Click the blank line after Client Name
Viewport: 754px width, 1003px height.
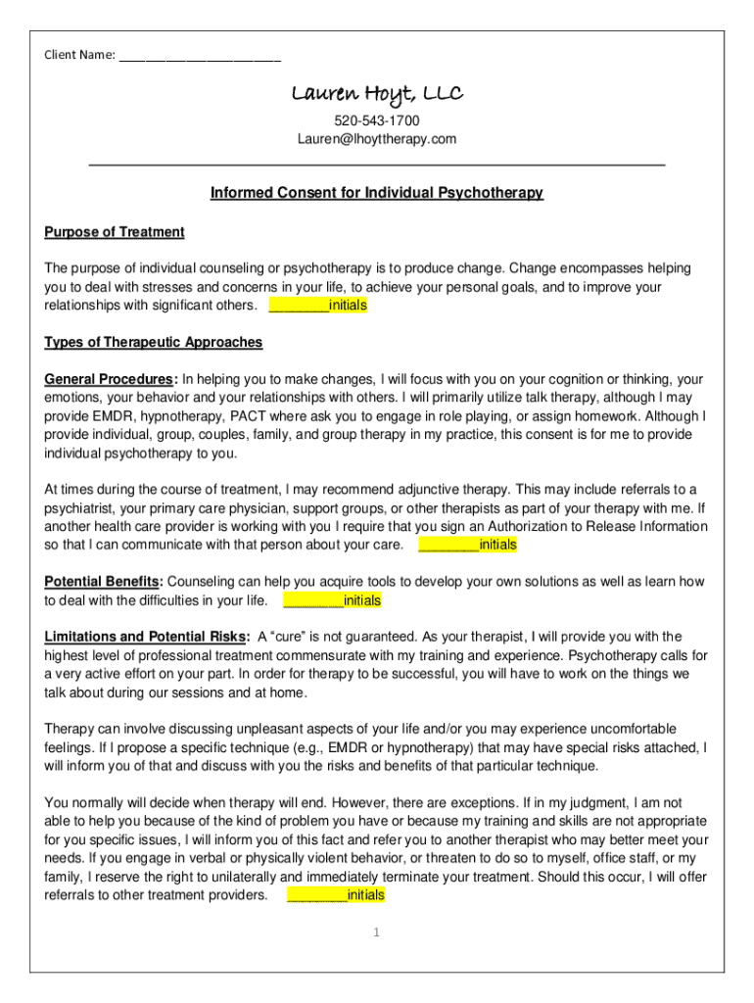pyautogui.click(x=200, y=55)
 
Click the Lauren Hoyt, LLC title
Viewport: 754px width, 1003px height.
pyautogui.click(x=377, y=94)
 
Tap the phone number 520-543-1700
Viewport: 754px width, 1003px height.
pyautogui.click(x=377, y=120)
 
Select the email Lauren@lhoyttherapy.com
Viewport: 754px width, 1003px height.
pyautogui.click(x=377, y=139)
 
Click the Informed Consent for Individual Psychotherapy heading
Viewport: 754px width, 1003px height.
pyautogui.click(x=377, y=193)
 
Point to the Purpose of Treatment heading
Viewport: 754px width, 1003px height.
pyautogui.click(x=115, y=232)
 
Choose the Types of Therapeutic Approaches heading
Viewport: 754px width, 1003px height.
pyautogui.click(x=154, y=342)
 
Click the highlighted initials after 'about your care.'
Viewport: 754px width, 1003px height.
pyautogui.click(x=468, y=545)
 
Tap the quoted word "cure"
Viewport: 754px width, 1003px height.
pyautogui.click(x=290, y=637)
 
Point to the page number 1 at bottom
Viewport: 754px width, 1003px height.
pyautogui.click(x=375, y=932)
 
